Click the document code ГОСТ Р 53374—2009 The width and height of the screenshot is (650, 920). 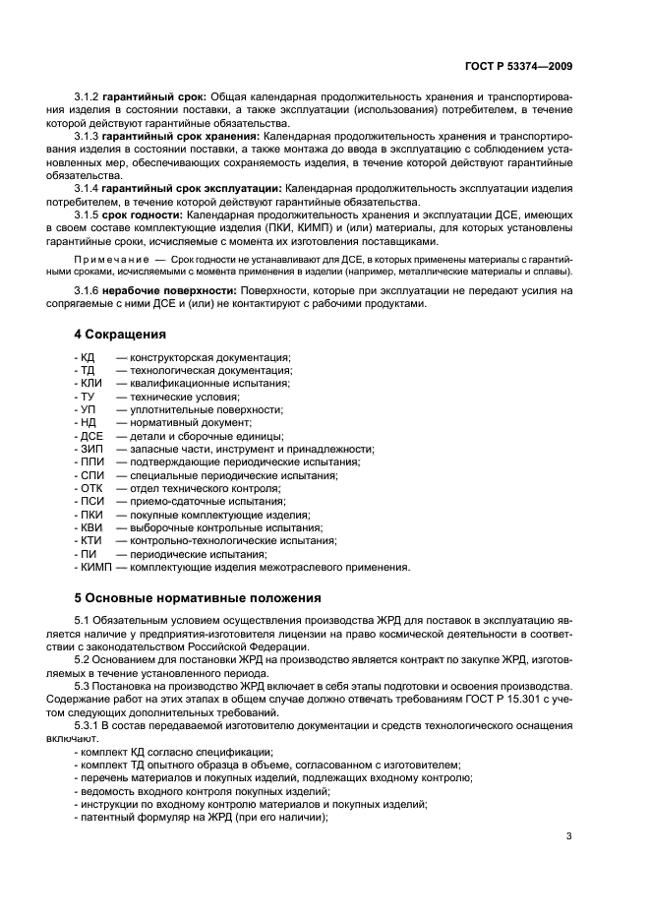tap(518, 66)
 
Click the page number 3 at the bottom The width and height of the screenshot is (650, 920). tap(569, 836)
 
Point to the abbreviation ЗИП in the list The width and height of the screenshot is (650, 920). tap(90, 449)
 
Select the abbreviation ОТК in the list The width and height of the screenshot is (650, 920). tap(90, 488)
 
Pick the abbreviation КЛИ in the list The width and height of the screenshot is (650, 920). tap(90, 383)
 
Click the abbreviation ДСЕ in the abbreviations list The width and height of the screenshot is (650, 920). tap(90, 436)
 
